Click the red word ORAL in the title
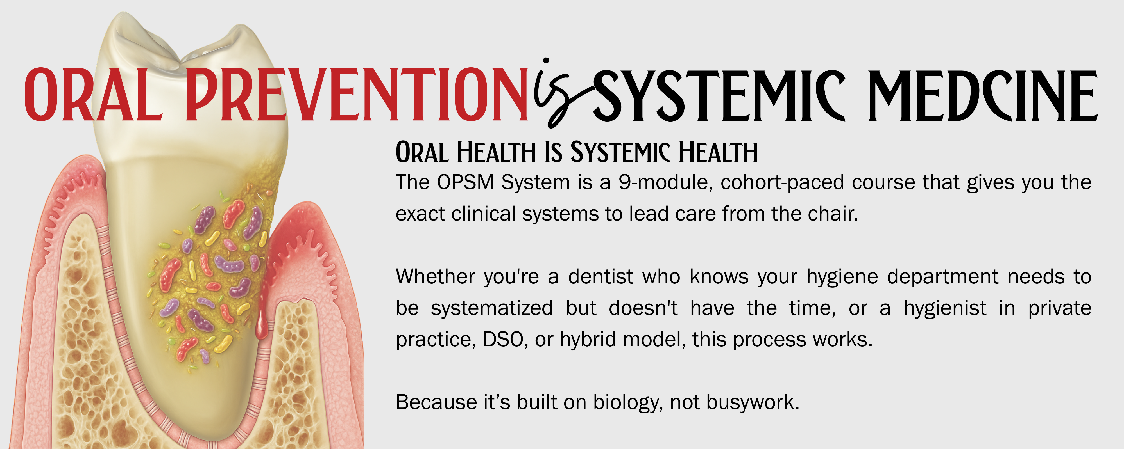(93, 94)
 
